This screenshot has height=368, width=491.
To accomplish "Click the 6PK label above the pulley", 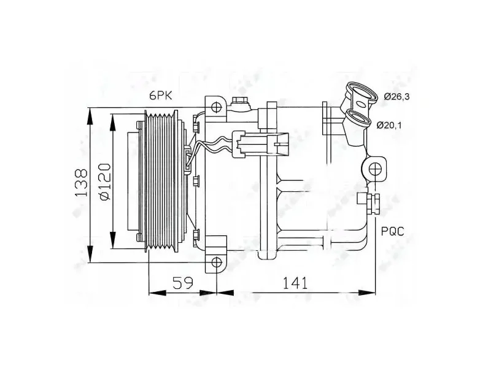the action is point(161,96).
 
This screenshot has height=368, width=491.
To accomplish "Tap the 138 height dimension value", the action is point(81,183).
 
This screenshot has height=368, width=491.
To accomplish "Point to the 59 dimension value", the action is point(183,283).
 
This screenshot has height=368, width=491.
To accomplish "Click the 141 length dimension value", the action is point(295,283).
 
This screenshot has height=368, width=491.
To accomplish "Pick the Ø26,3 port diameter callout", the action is point(396,97).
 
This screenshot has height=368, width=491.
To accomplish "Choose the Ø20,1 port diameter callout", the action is point(389,125).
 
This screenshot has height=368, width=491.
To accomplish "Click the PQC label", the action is point(393,232).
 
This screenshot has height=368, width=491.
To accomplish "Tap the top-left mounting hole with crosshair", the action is point(217,107).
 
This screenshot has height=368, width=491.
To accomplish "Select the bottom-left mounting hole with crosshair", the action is point(217,263).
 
